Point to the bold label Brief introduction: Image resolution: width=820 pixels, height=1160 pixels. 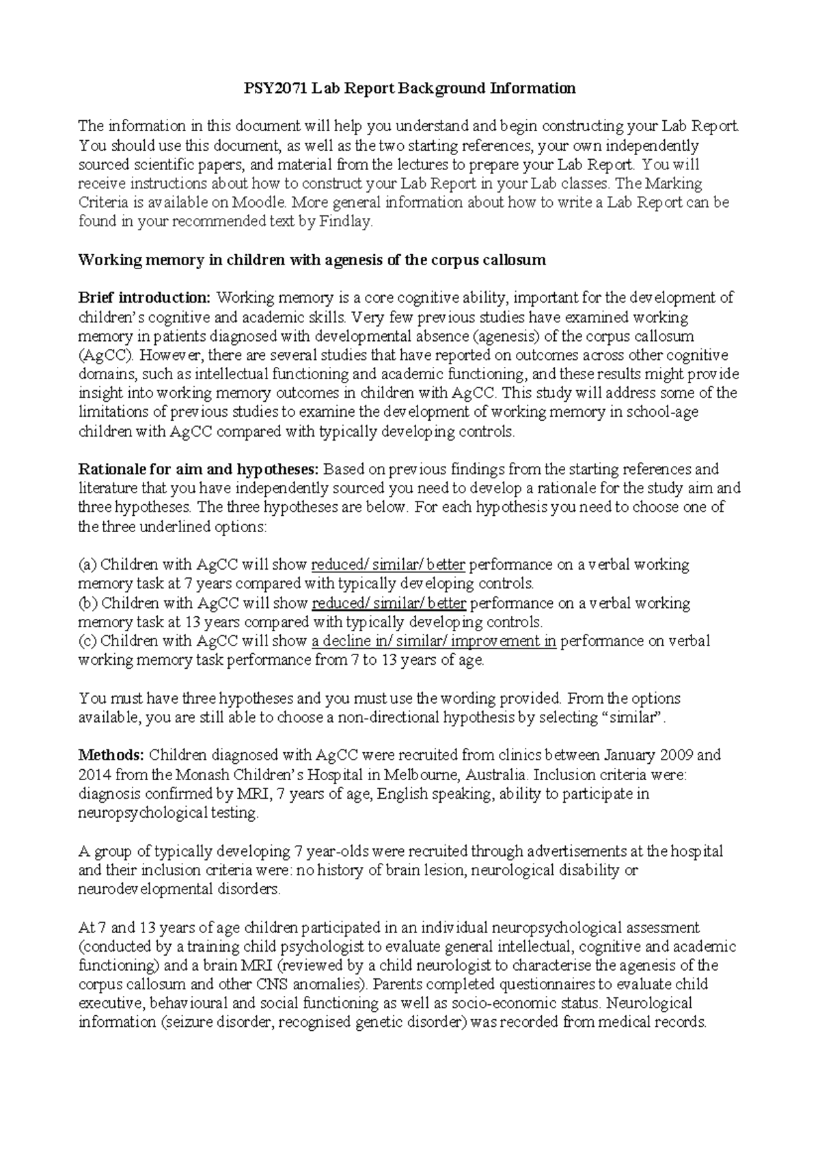145,298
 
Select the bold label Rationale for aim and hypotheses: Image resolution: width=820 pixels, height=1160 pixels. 199,469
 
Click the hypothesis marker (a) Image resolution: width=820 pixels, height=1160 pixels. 89,565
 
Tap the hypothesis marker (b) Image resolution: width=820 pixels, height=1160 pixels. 89,603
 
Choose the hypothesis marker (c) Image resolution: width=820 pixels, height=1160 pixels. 89,641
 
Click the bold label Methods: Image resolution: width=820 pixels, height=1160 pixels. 111,756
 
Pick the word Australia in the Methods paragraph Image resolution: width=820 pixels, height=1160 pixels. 497,775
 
